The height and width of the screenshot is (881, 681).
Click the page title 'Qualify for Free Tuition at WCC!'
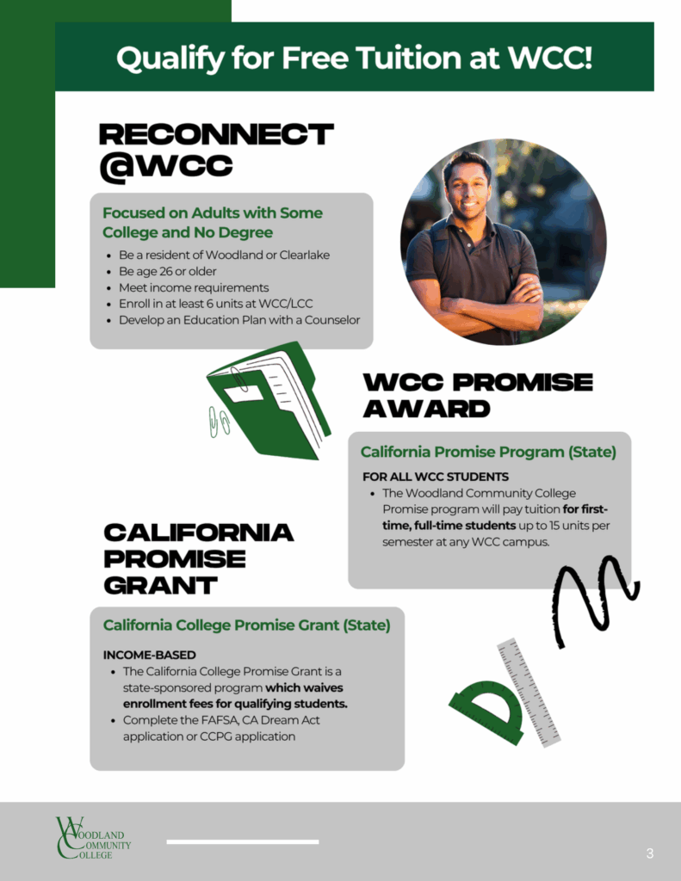pyautogui.click(x=355, y=59)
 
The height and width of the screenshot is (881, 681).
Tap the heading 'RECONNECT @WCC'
pyautogui.click(x=216, y=151)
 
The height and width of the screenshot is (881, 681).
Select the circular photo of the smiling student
pyautogui.click(x=504, y=242)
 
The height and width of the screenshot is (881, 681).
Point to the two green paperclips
pyautogui.click(x=219, y=422)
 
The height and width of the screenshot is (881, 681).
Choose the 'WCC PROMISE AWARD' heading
pyautogui.click(x=478, y=396)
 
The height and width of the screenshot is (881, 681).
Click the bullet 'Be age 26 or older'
pyautogui.click(x=168, y=271)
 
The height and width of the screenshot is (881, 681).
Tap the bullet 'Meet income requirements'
pyautogui.click(x=194, y=287)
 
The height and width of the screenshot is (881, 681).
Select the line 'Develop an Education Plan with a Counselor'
pyautogui.click(x=239, y=320)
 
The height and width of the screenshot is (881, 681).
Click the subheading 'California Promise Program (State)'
pyautogui.click(x=488, y=453)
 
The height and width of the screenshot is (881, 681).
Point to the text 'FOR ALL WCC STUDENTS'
pyautogui.click(x=436, y=477)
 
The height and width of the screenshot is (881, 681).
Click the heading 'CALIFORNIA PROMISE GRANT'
pyautogui.click(x=199, y=559)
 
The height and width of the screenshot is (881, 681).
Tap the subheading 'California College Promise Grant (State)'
pyautogui.click(x=246, y=625)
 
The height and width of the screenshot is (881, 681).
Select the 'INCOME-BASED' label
pyautogui.click(x=150, y=655)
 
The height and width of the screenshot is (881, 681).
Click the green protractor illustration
pyautogui.click(x=488, y=709)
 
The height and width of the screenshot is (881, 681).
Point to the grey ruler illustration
pyautogui.click(x=529, y=693)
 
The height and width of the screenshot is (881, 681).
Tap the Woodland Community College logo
pyautogui.click(x=93, y=838)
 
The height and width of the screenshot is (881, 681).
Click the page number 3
pyautogui.click(x=650, y=854)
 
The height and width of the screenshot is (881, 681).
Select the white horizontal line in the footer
pyautogui.click(x=243, y=841)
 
